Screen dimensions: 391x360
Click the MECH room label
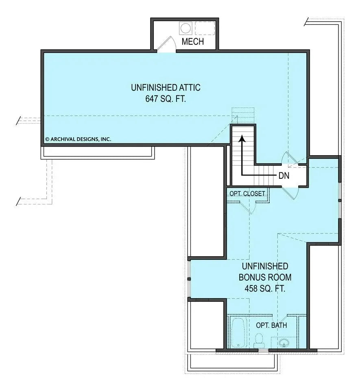click(x=192, y=42)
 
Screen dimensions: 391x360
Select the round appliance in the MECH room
click(x=185, y=29)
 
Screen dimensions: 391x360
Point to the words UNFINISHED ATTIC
click(x=166, y=87)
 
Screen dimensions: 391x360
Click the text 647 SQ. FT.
click(x=166, y=99)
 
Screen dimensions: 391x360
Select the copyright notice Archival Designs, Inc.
click(x=78, y=139)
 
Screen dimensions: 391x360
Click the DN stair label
click(x=284, y=176)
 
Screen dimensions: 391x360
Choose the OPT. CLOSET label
click(x=247, y=193)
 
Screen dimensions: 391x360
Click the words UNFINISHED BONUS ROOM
click(x=265, y=272)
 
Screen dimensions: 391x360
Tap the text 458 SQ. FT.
click(x=265, y=289)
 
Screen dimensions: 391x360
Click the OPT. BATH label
click(x=271, y=325)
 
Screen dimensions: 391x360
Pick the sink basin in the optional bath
click(x=284, y=343)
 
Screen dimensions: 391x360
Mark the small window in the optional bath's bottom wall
click(x=263, y=350)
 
